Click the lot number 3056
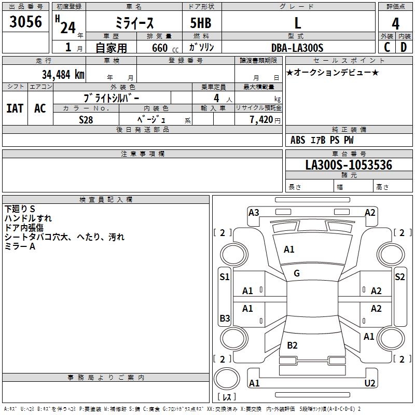(x=26, y=21)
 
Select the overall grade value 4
(x=395, y=23)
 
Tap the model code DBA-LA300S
(x=297, y=48)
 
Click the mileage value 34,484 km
(x=63, y=74)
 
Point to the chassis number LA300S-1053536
(x=349, y=165)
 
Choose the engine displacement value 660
(x=159, y=48)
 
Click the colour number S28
(x=86, y=119)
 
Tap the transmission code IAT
(x=15, y=108)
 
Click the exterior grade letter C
(x=387, y=47)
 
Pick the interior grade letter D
(x=404, y=47)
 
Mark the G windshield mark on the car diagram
(x=297, y=273)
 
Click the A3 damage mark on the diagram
(x=254, y=212)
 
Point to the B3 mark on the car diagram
(x=225, y=318)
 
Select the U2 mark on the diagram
(x=370, y=383)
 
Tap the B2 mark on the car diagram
(x=292, y=345)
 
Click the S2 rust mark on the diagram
(x=399, y=277)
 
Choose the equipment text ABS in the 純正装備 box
(x=298, y=140)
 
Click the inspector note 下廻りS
(x=20, y=209)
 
